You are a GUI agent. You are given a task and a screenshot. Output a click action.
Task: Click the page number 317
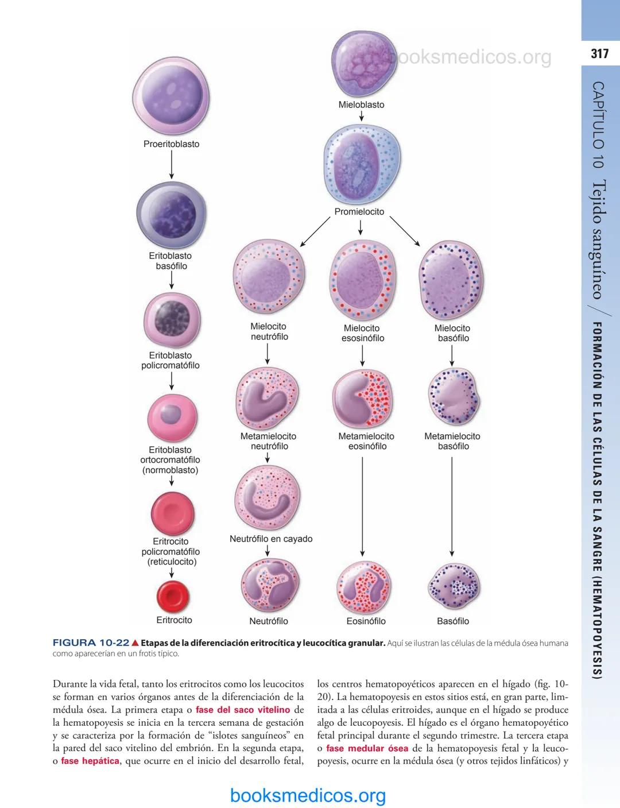tap(599, 53)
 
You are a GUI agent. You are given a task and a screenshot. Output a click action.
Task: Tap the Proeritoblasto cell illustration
tap(170, 95)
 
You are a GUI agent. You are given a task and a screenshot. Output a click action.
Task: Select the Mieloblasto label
tap(361, 105)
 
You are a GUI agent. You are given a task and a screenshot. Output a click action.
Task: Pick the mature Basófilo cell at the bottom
tap(453, 587)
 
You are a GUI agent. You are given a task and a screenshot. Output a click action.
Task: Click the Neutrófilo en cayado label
tap(271, 539)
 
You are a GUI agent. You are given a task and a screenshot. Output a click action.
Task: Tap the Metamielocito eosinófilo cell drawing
tap(362, 398)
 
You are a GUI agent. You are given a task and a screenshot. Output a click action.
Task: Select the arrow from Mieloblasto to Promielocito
tap(361, 117)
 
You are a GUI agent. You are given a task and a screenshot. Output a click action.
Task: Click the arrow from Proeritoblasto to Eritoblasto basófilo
tap(171, 165)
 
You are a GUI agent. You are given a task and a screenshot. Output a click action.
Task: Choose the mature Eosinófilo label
tap(366, 621)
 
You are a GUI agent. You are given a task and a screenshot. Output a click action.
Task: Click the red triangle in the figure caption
tap(135, 643)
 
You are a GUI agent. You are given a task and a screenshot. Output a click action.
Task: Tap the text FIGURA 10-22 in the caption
tap(91, 643)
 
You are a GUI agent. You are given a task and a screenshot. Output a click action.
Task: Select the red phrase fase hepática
tap(90, 761)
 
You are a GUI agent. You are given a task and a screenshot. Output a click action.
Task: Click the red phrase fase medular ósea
tap(367, 748)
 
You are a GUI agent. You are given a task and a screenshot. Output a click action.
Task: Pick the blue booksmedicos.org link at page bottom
tap(308, 795)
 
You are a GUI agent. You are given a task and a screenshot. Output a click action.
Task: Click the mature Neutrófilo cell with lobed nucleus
tap(269, 585)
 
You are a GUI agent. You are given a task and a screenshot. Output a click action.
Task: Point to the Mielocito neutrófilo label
tap(269, 331)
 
